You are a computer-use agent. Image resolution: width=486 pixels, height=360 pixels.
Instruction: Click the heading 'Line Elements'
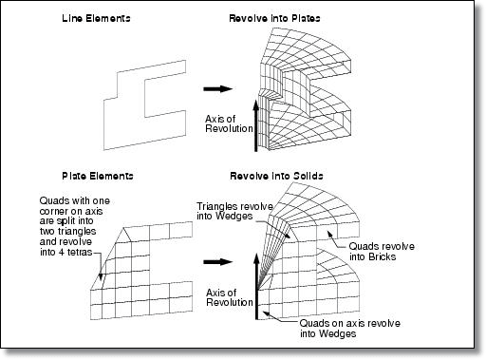[x=96, y=18]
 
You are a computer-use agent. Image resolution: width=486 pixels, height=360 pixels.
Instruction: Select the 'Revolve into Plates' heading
[x=274, y=18]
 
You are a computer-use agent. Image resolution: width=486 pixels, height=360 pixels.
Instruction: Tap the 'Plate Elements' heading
[x=98, y=176]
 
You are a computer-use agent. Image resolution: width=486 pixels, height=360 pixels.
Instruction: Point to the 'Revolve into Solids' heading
[x=276, y=176]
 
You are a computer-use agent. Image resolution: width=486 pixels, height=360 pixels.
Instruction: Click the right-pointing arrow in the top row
[x=218, y=88]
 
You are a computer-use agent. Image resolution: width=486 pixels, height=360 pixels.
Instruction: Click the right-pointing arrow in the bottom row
[x=218, y=262]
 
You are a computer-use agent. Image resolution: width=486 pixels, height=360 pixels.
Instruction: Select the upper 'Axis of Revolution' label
[x=229, y=123]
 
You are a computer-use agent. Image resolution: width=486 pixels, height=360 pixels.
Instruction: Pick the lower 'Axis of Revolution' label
[x=230, y=297]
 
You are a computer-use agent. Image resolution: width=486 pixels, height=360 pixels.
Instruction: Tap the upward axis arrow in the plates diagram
[x=256, y=125]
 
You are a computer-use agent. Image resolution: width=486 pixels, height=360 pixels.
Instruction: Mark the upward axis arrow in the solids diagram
[x=257, y=286]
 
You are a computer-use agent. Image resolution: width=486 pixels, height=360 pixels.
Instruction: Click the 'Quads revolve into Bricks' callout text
[x=382, y=252]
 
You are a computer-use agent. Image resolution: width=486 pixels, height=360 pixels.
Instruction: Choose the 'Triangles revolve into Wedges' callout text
[x=234, y=211]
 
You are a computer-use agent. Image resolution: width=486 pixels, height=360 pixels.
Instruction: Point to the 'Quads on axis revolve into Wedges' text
[x=349, y=329]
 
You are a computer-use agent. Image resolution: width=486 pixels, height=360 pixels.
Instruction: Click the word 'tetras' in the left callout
[x=79, y=253]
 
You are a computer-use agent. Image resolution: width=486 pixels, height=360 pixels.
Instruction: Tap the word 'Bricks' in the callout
[x=383, y=256]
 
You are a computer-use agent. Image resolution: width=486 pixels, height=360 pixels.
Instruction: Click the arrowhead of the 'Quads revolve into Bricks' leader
[x=329, y=234]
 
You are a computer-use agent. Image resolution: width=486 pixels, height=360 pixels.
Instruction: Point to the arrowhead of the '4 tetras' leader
[x=101, y=277]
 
